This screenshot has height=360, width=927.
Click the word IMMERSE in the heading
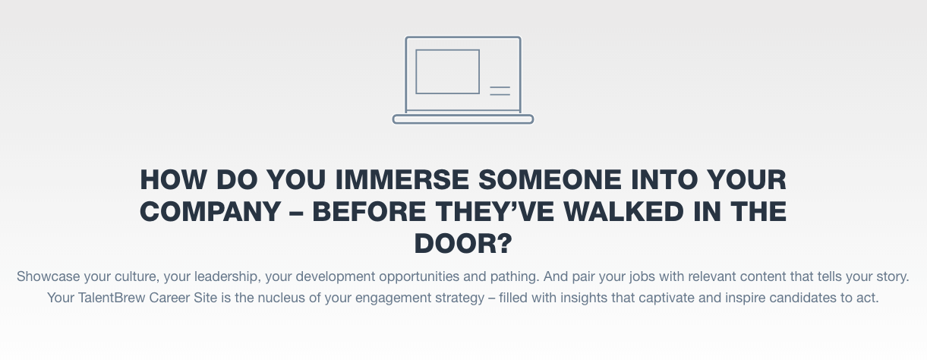[x=402, y=180]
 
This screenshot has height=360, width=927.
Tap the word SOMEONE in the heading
[x=550, y=180]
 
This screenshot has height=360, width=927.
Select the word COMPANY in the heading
[x=210, y=211]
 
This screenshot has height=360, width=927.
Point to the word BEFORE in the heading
[x=369, y=211]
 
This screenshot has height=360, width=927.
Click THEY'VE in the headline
[x=495, y=211]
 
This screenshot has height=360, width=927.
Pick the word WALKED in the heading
[x=623, y=211]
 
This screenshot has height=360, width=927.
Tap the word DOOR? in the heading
[x=463, y=243]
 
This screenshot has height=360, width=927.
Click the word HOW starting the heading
[x=173, y=180]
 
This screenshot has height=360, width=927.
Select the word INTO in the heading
[x=664, y=180]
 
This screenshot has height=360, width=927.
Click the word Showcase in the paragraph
[x=48, y=276]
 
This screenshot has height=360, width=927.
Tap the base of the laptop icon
[x=463, y=119]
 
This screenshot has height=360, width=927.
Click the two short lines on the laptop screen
[x=500, y=91]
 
